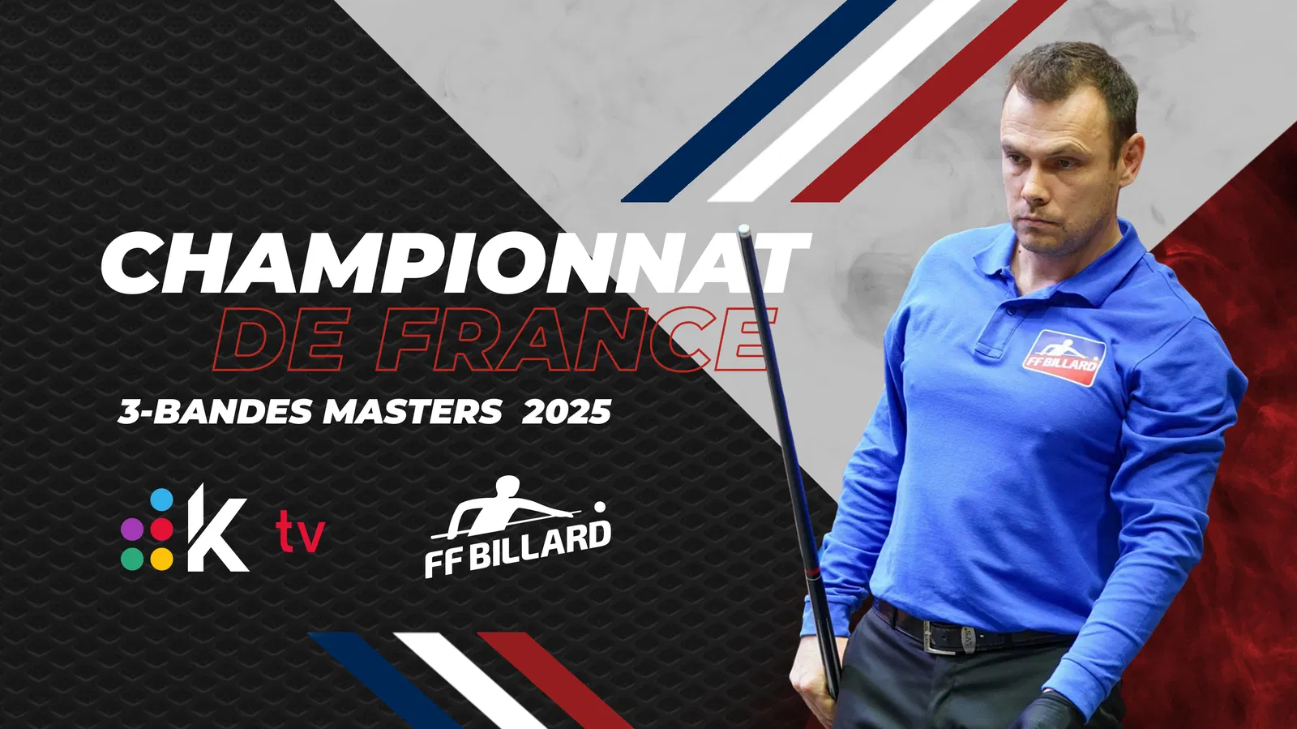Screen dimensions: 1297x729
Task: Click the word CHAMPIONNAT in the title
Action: coord(455,264)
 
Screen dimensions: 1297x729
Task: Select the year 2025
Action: coord(567,412)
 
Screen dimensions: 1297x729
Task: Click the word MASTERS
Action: coord(413,412)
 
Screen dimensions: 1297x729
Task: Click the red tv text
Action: coord(300,532)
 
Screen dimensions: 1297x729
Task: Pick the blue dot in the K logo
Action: coord(161,500)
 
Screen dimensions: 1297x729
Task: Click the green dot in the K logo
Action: coord(132,559)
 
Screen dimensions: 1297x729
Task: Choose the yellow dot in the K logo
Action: coord(161,559)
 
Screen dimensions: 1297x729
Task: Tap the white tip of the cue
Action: coord(744,229)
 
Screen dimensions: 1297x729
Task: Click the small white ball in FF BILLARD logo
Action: coord(600,508)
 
